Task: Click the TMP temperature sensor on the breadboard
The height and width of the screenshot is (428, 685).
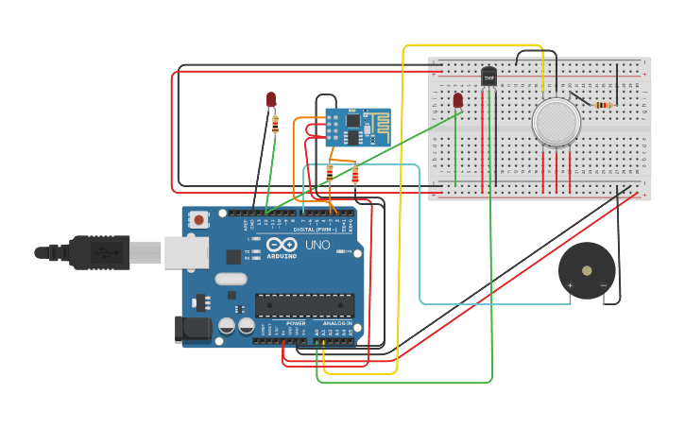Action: [x=488, y=77]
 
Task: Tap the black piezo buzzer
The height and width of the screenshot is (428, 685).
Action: [x=586, y=270]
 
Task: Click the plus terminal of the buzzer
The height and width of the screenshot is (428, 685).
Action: [x=570, y=284]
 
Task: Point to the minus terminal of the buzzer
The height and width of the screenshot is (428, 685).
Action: [x=603, y=284]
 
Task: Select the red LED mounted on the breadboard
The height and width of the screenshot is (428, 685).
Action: [x=458, y=99]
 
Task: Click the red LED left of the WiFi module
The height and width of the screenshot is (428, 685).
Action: [x=271, y=99]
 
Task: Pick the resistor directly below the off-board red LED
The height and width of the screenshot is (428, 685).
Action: [x=275, y=121]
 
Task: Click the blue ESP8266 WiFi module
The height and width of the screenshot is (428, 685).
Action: [x=357, y=128]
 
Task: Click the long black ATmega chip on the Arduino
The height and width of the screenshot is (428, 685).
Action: [x=304, y=305]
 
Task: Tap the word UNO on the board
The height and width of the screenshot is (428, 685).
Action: [x=317, y=246]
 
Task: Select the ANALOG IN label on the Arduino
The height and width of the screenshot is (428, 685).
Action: [x=336, y=323]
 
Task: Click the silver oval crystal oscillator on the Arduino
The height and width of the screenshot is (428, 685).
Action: [x=231, y=279]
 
